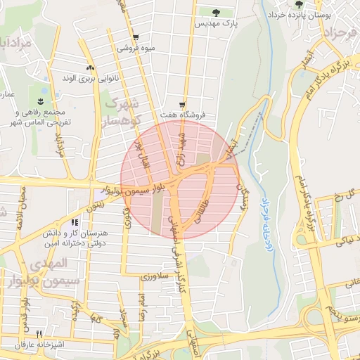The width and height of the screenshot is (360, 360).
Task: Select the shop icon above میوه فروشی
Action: (135, 38)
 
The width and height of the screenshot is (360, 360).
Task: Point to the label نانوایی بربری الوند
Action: (90, 78)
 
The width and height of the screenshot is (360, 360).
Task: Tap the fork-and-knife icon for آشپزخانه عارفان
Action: (39, 334)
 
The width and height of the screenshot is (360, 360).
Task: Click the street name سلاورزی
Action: (153, 278)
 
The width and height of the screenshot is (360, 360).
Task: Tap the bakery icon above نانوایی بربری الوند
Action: (90, 67)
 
